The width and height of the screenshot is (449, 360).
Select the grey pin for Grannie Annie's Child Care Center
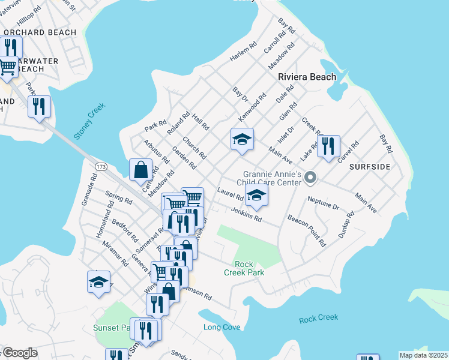(310, 177)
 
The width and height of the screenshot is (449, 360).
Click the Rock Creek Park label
(244, 268)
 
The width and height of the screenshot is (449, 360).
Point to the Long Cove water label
(221, 327)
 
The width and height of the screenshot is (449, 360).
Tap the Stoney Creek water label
(89, 121)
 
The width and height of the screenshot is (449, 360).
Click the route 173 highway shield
(100, 165)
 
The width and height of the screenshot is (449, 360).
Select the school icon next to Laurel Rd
(256, 196)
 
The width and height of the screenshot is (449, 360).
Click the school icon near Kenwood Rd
(242, 140)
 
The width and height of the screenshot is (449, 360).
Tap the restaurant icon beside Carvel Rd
(328, 146)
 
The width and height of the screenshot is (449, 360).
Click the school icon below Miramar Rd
(99, 282)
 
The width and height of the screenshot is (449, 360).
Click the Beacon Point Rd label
(306, 231)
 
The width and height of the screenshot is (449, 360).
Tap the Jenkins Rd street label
(246, 214)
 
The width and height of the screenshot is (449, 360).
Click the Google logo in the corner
(19, 353)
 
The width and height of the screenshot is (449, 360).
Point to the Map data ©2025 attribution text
(423, 355)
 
